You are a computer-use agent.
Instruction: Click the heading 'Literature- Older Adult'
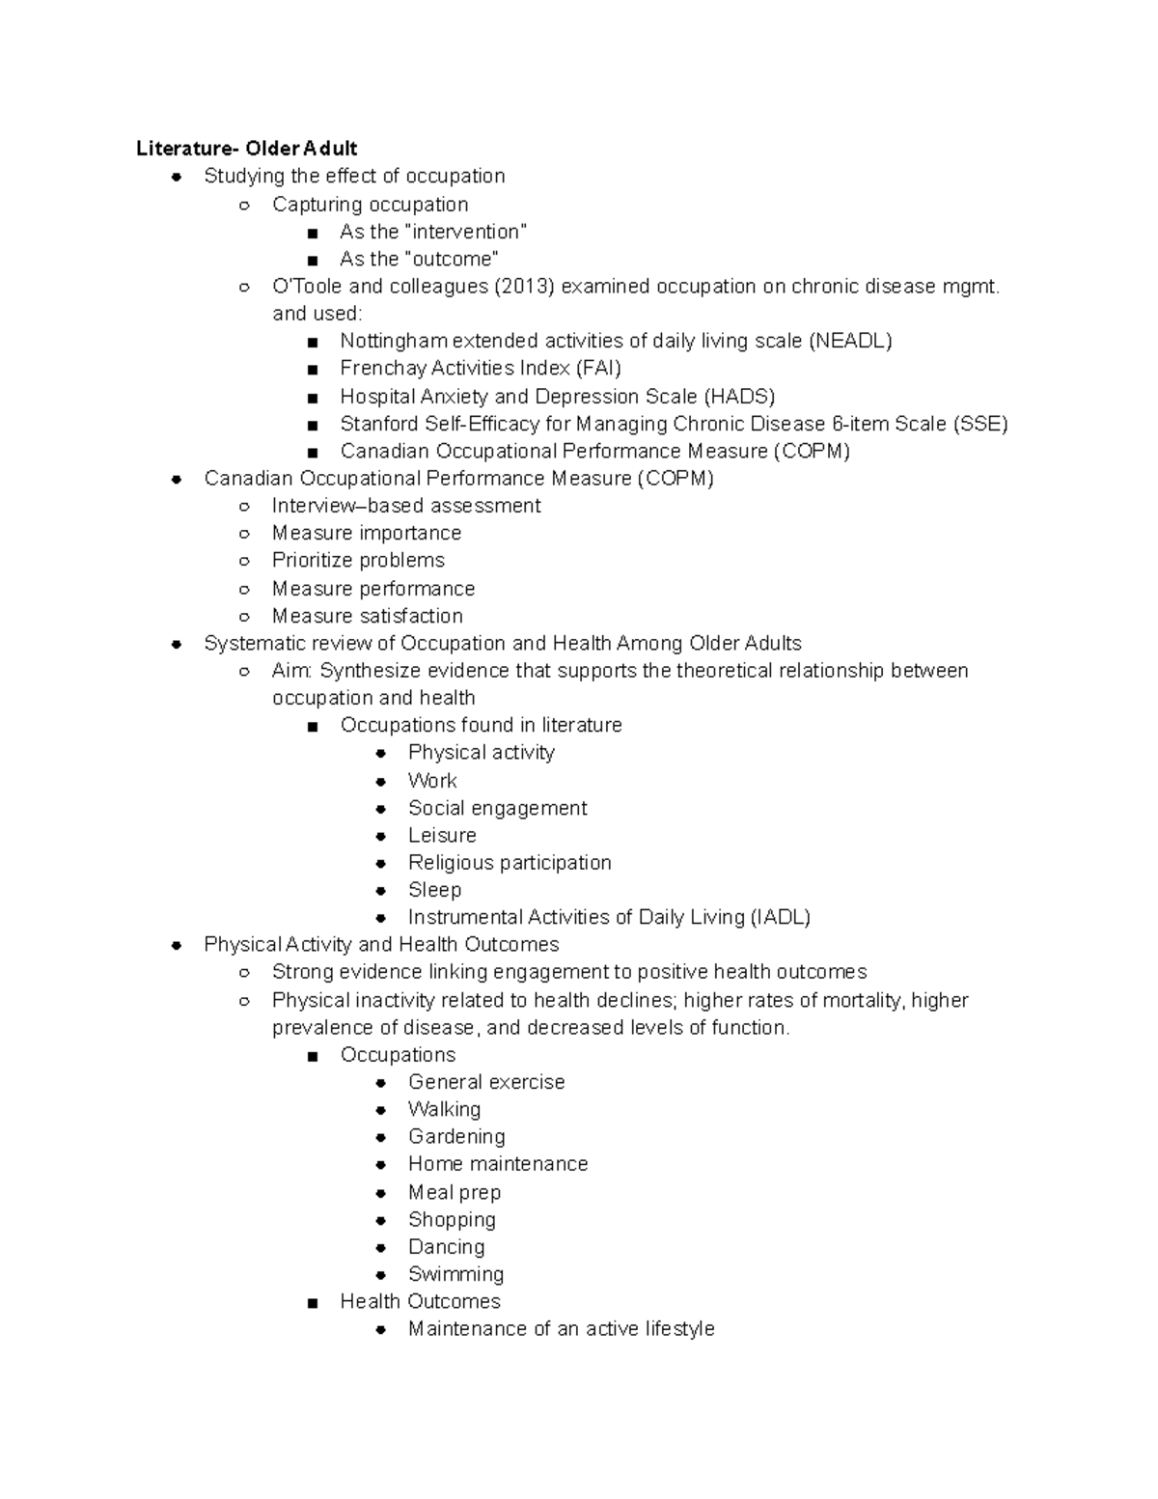click(246, 149)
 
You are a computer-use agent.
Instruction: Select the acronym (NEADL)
click(850, 341)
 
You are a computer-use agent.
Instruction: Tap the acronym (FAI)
click(598, 368)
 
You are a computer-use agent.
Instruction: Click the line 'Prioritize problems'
click(358, 561)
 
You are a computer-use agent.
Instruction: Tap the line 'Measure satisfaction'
click(367, 616)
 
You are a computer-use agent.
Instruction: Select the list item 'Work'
click(432, 781)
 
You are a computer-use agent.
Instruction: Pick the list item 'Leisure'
click(442, 836)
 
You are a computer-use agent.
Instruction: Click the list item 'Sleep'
click(434, 890)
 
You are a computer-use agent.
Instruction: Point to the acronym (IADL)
click(780, 918)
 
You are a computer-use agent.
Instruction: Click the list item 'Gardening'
click(456, 1137)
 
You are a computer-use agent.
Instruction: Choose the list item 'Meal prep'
click(454, 1193)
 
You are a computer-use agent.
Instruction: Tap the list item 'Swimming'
click(455, 1275)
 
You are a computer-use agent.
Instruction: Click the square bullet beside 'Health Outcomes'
click(312, 1304)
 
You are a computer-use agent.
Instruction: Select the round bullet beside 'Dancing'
click(381, 1248)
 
